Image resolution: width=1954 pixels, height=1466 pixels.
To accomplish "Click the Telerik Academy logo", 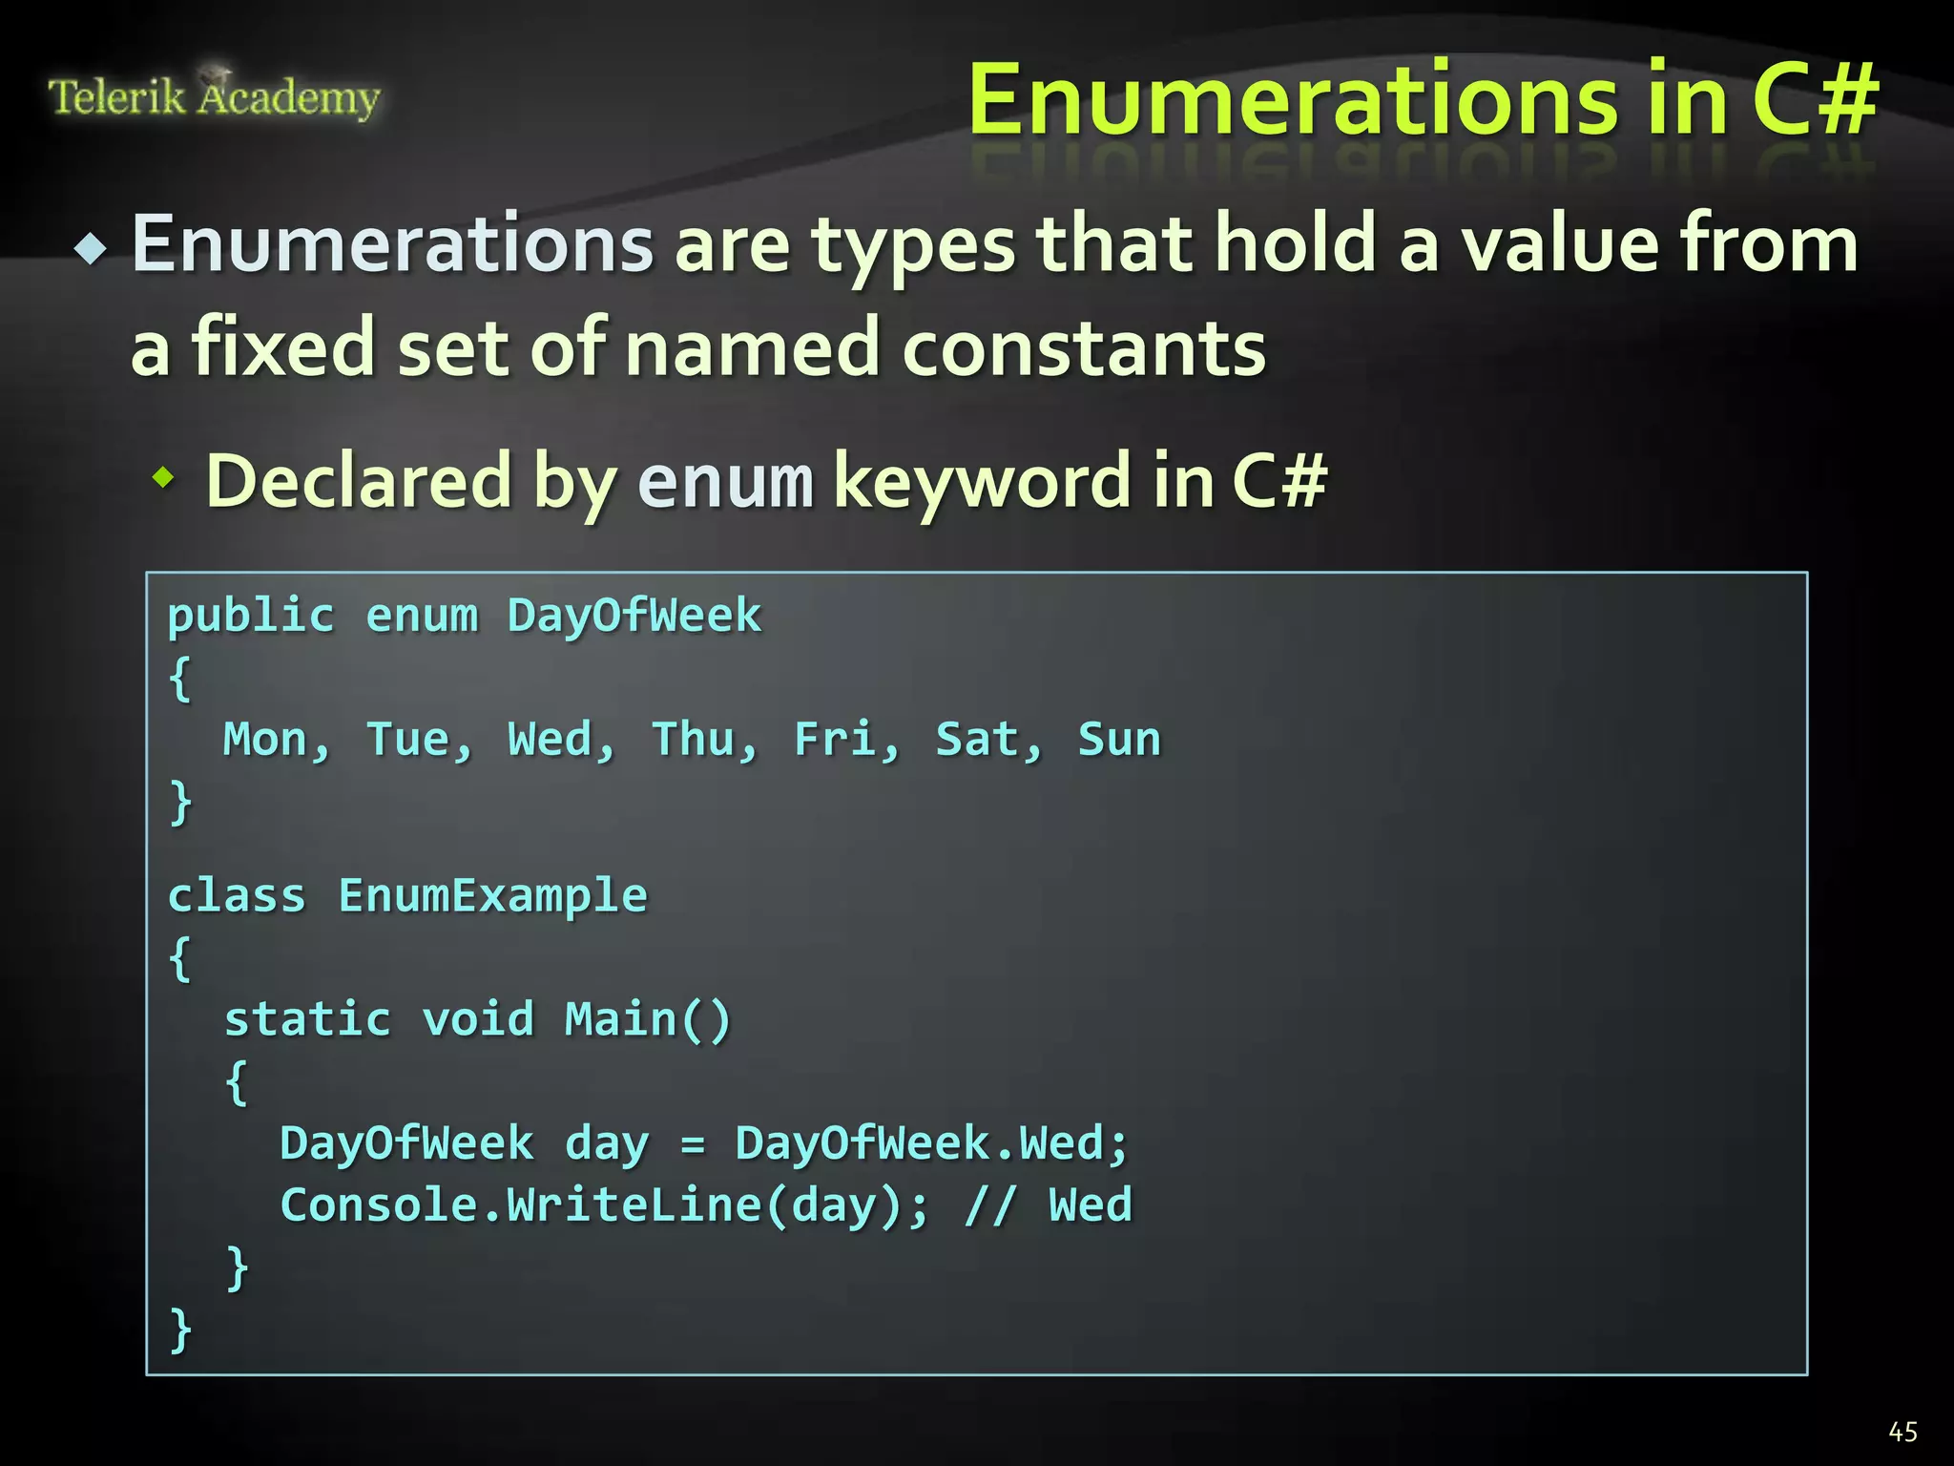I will [x=214, y=95].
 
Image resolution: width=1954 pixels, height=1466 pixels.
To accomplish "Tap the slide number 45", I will [x=1902, y=1432].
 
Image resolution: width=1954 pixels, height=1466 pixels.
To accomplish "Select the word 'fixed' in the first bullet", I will [x=282, y=347].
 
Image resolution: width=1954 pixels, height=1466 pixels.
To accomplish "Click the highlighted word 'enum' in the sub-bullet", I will [x=725, y=481].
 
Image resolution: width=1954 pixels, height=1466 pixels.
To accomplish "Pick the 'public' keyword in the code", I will [x=251, y=616].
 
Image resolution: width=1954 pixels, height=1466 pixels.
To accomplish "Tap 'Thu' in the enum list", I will [x=693, y=740].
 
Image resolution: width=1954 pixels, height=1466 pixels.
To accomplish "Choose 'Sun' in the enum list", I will [x=1119, y=740].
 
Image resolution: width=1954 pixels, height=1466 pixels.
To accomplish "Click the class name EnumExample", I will [x=492, y=896].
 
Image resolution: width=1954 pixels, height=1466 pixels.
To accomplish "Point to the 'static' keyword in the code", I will [x=307, y=1019].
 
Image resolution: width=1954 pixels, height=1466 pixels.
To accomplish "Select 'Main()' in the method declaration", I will [x=648, y=1019].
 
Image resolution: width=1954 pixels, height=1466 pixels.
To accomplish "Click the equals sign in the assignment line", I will [x=693, y=1144].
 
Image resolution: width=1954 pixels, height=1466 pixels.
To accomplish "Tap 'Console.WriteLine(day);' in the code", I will [x=604, y=1205].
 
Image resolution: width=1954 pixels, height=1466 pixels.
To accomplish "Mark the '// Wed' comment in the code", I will [x=1048, y=1205].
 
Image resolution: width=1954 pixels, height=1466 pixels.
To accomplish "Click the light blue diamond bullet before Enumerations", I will [x=92, y=250].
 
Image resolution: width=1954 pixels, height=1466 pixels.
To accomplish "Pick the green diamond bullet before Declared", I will [x=164, y=477].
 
